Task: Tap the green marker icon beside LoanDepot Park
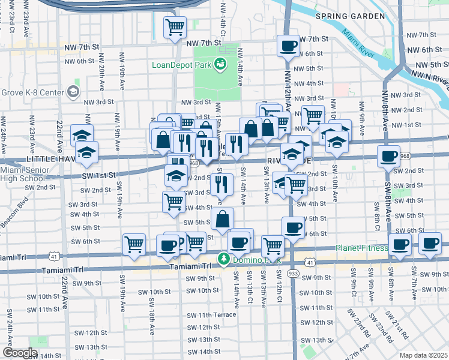click(x=220, y=63)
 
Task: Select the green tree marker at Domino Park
click(x=224, y=259)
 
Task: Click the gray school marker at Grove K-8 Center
click(x=73, y=91)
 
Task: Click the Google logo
click(x=19, y=352)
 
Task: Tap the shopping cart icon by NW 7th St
click(x=175, y=27)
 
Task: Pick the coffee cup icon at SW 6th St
click(x=293, y=227)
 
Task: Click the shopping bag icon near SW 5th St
click(x=222, y=219)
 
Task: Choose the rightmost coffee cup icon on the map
click(x=430, y=243)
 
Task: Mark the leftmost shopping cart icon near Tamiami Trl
click(x=134, y=244)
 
